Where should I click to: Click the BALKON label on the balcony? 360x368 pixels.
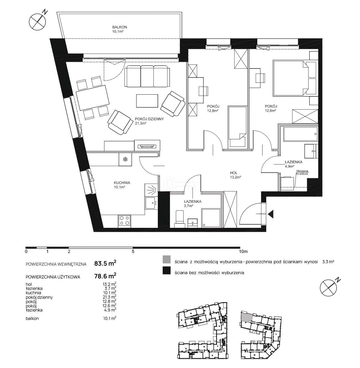[x=120, y=27]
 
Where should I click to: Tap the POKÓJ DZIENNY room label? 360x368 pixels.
[x=149, y=119]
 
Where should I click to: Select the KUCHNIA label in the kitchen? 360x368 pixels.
[x=122, y=183]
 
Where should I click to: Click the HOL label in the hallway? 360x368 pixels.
[x=234, y=173]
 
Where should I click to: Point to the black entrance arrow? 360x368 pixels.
[x=271, y=214]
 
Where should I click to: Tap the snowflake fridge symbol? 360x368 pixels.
[x=125, y=159]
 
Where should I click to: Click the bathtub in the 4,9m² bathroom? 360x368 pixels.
[x=301, y=134]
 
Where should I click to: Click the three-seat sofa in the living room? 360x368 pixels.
[x=147, y=76]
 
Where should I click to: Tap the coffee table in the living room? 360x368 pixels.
[x=147, y=101]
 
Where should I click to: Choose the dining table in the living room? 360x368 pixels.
[x=93, y=98]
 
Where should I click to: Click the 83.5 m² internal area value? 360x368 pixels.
[x=105, y=264]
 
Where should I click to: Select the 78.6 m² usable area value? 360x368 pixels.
[x=105, y=276]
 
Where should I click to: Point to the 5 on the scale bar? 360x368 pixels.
[x=133, y=252]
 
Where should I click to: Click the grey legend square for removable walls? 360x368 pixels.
[x=167, y=259]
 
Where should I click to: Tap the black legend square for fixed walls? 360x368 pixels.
[x=167, y=270]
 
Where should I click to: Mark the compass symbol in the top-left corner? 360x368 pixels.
[x=38, y=21]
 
